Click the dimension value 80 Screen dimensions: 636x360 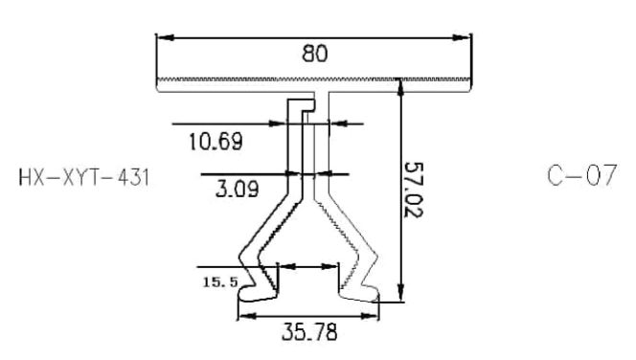pyautogui.click(x=314, y=54)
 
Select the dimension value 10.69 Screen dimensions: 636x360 pyautogui.click(x=216, y=142)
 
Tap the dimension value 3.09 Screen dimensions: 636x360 pyautogui.click(x=237, y=189)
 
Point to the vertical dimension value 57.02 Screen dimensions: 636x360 pyautogui.click(x=414, y=190)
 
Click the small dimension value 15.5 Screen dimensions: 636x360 pyautogui.click(x=220, y=281)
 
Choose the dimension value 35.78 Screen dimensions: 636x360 pyautogui.click(x=309, y=331)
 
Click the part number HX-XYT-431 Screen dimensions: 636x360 pyautogui.click(x=84, y=177)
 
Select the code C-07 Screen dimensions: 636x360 pyautogui.click(x=582, y=175)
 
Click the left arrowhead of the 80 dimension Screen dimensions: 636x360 pyautogui.click(x=165, y=37)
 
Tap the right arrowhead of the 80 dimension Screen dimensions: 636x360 pyautogui.click(x=462, y=37)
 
